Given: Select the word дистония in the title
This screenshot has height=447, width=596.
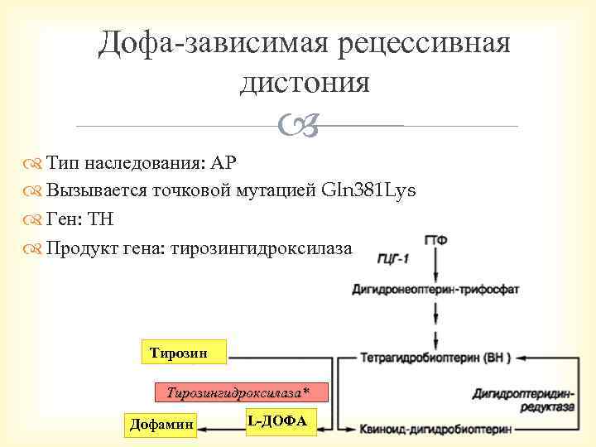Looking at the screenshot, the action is pos(304,82).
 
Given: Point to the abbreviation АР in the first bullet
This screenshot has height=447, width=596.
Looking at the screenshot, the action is pos(223,161).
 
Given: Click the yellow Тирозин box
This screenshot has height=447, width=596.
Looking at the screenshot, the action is pos(175,353).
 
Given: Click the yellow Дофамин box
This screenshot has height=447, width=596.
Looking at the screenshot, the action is pos(161,425).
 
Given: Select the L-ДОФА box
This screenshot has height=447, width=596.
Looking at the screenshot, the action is pos(276,421).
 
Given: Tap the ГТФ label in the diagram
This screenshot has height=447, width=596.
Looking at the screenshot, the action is pos(436,240).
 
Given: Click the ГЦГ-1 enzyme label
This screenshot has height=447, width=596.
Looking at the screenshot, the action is pos(392,259).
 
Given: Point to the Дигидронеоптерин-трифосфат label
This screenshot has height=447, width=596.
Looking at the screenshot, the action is pos(435,290).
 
